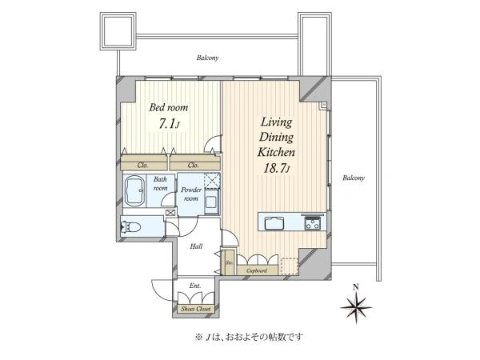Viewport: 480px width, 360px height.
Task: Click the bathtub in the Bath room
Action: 134,191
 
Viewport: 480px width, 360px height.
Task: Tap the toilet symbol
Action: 130,227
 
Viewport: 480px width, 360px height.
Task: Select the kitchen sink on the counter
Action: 274,222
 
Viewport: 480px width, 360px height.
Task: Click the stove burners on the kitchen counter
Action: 312,222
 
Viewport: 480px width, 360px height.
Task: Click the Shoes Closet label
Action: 196,309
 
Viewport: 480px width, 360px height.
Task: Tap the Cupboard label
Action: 257,270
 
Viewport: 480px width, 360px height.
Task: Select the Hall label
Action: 196,246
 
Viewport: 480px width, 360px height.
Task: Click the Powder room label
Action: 191,194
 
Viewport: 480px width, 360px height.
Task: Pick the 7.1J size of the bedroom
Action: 168,124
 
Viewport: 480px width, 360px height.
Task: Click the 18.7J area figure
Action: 277,169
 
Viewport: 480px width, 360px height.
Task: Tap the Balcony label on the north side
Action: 207,58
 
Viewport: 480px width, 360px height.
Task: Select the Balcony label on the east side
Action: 354,178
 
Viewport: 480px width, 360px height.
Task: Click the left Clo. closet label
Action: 142,166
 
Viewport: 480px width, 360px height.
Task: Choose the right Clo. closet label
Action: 194,166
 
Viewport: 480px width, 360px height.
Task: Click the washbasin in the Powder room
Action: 211,202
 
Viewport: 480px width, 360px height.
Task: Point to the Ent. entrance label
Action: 195,286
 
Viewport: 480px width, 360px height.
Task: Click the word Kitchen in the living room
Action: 276,152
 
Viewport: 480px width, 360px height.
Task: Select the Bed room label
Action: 169,107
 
